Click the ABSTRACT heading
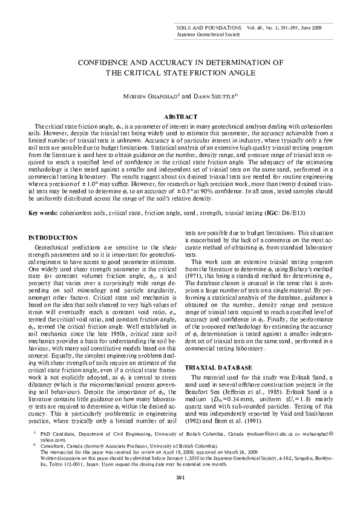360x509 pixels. tap(180, 116)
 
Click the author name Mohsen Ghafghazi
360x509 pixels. tap(145, 96)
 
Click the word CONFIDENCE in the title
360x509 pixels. tap(105, 62)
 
